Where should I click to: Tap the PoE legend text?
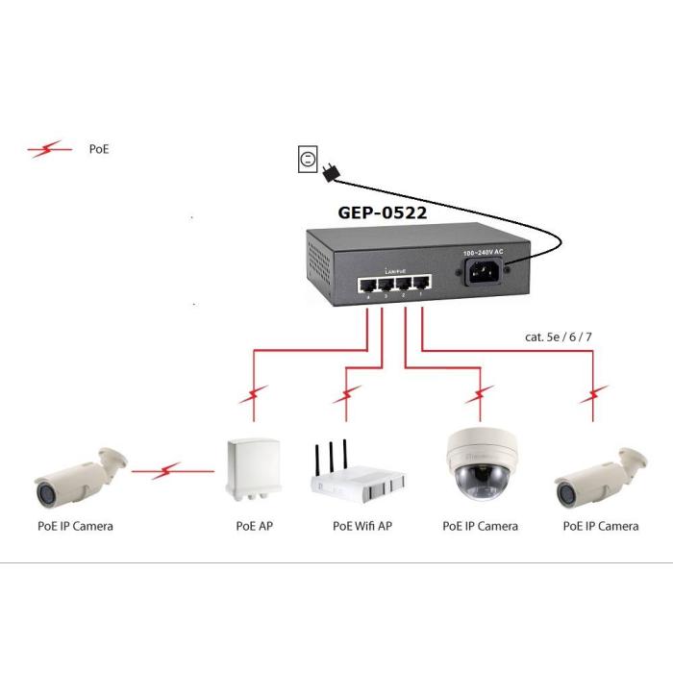99,150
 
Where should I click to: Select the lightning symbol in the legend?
48,149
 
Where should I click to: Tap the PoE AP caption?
252,526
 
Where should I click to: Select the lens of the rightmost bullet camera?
565,491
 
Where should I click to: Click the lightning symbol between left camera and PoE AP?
170,470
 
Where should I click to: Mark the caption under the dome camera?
480,526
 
